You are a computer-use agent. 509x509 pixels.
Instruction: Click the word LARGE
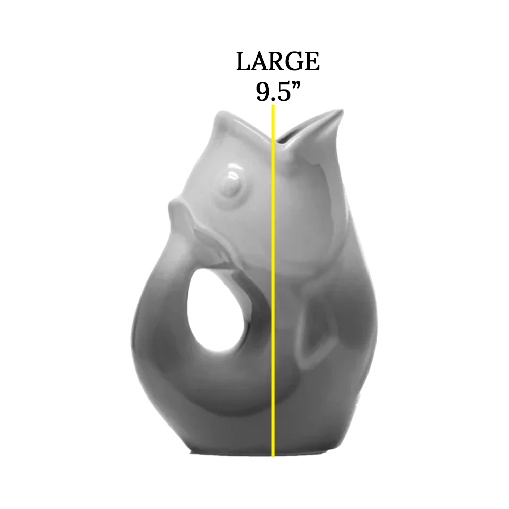[278, 62]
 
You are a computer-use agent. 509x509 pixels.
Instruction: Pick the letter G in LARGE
[294, 62]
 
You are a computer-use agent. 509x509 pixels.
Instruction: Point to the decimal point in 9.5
[273, 99]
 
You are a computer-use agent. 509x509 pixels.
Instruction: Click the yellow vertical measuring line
[273, 280]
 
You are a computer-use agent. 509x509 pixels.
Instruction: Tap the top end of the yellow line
[273, 106]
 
